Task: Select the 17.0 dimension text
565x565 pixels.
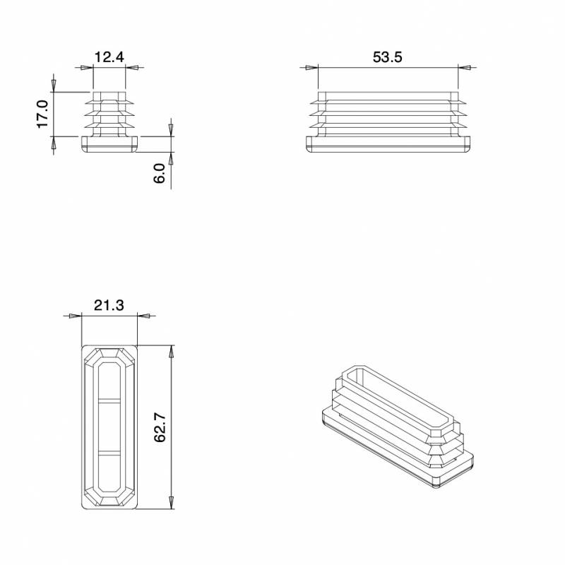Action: (42, 114)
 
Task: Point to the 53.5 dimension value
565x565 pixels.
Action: (387, 57)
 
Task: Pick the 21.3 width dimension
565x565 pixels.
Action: (109, 306)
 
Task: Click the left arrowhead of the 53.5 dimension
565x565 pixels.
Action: (311, 68)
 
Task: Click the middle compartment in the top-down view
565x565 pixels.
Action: (109, 425)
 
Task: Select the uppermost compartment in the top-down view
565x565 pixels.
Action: (109, 381)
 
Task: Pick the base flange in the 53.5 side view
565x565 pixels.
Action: (388, 143)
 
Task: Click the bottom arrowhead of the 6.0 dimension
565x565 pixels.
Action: (171, 159)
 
